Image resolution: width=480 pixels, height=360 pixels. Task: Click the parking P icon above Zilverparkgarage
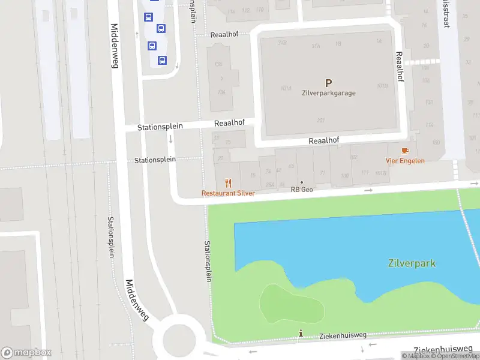[x=328, y=83]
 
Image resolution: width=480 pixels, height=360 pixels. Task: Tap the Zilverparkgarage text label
[x=328, y=93]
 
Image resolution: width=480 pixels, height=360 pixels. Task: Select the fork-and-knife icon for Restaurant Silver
[x=228, y=183]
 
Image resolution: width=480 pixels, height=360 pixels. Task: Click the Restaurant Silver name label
[x=228, y=193]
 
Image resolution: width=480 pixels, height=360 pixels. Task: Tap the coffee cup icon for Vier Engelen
[x=405, y=150]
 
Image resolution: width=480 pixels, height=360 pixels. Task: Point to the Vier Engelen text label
[x=405, y=160]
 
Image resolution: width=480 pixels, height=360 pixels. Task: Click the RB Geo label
[x=302, y=190]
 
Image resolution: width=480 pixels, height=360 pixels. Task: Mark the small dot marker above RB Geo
[x=302, y=182]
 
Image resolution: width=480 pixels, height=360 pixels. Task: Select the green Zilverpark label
[x=411, y=263]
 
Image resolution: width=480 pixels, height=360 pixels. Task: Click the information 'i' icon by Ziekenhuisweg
[x=301, y=333]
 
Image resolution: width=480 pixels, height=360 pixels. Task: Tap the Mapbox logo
[x=26, y=352]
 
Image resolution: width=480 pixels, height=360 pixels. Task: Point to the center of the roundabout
[x=174, y=340]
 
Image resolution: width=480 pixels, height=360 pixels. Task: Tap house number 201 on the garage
[x=320, y=121]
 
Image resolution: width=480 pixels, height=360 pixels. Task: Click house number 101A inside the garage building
[x=286, y=88]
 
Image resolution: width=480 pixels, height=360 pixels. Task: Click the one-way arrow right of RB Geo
[x=368, y=190]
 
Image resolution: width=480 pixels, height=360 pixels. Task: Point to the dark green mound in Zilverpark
[x=291, y=303]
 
